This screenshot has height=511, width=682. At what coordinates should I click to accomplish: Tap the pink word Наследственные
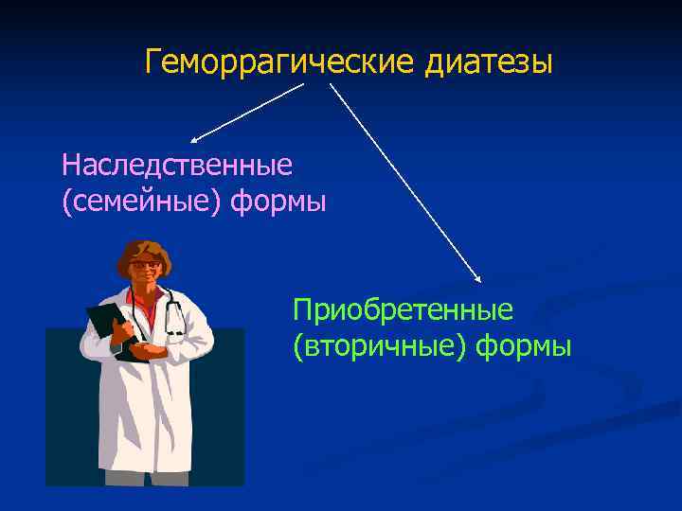click(x=177, y=165)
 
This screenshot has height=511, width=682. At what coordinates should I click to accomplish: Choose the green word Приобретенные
click(x=403, y=309)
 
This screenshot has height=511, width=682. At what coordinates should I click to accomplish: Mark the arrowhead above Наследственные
click(x=196, y=137)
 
